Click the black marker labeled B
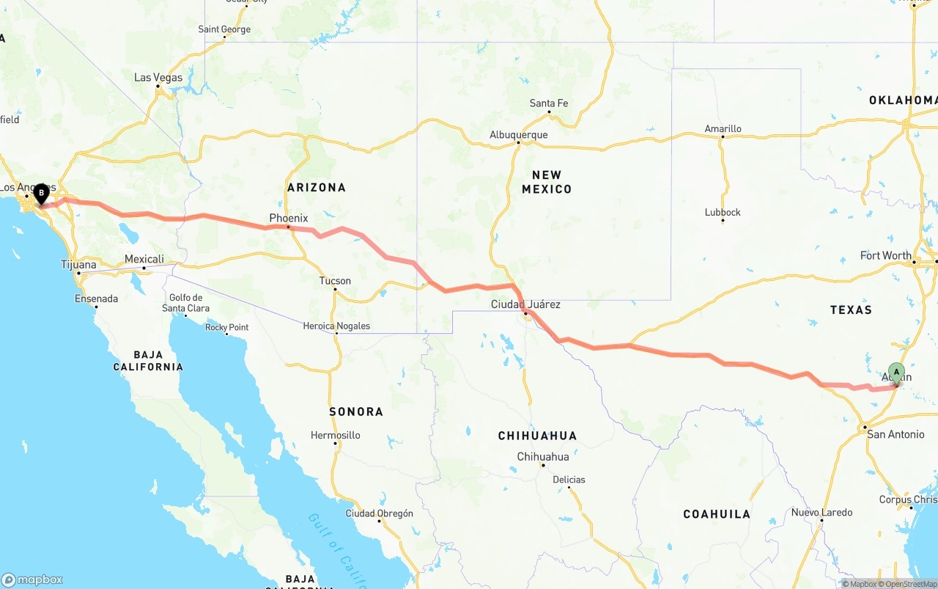point(42,194)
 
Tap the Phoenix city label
point(289,218)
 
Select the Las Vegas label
point(158,77)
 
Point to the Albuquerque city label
point(519,135)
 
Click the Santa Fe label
point(549,103)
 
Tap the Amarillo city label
point(723,128)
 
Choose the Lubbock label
point(723,212)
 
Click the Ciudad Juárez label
point(525,304)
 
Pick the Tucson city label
point(335,280)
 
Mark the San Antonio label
point(895,434)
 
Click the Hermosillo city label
point(335,435)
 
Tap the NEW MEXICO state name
point(547,182)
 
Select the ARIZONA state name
point(317,188)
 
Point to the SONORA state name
point(356,411)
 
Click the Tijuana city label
point(78,264)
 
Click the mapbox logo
point(32,579)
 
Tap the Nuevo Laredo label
point(821,512)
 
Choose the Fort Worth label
point(885,255)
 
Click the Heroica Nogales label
point(336,326)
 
